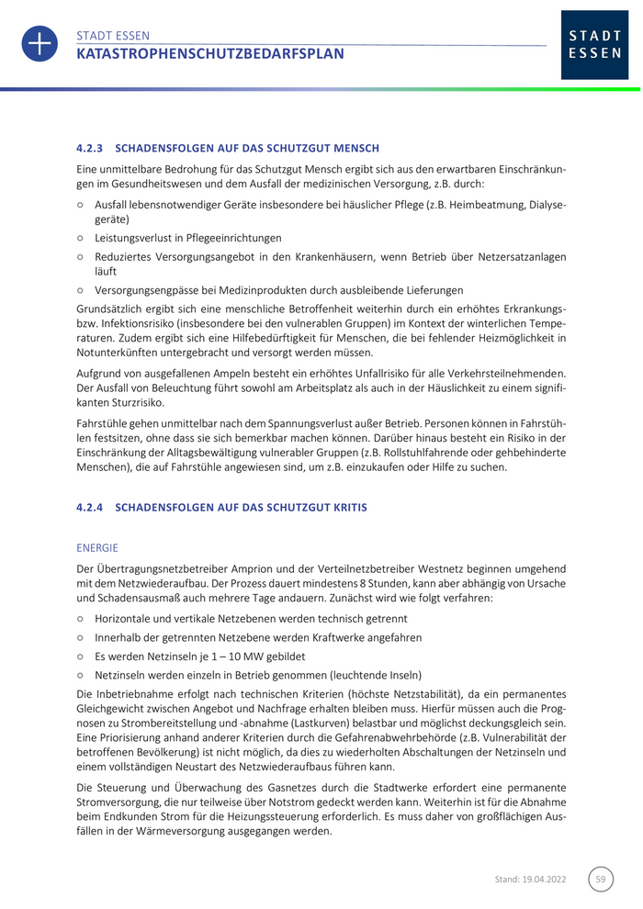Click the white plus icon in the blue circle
click(39, 44)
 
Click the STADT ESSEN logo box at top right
click(594, 45)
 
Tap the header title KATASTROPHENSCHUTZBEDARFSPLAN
click(210, 54)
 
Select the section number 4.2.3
click(92, 148)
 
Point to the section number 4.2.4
click(92, 507)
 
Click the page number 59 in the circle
click(601, 879)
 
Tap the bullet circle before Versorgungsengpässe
click(81, 290)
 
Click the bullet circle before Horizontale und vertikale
click(81, 619)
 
